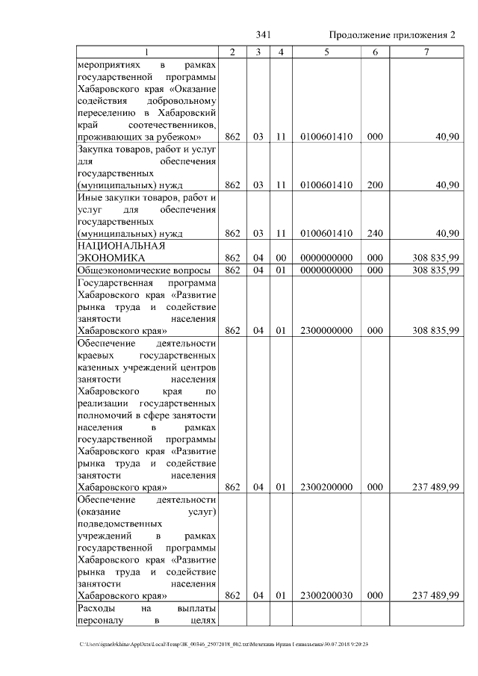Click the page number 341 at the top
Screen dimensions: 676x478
[x=262, y=35]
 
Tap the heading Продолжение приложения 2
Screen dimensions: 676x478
[x=392, y=35]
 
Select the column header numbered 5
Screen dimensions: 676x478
[x=326, y=52]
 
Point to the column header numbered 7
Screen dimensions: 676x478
[x=426, y=52]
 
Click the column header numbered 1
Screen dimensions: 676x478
[x=146, y=52]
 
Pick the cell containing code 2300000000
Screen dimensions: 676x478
[x=326, y=330]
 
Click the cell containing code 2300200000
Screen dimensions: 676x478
[x=326, y=487]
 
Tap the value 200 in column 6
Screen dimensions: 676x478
[x=375, y=185]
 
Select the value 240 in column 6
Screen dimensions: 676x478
[x=375, y=234]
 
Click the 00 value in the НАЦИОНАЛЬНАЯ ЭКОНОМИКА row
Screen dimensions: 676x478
[x=281, y=258]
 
